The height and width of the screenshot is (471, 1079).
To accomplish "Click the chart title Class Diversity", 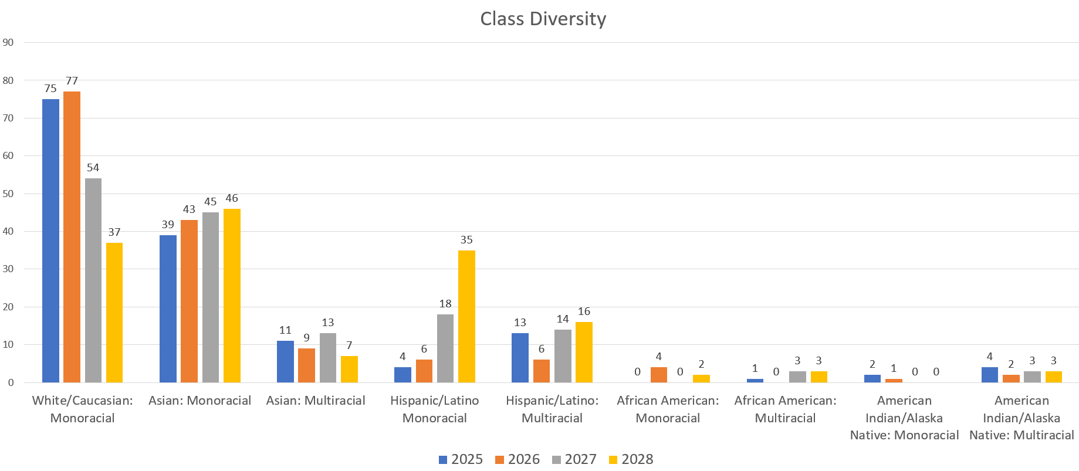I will pyautogui.click(x=543, y=19).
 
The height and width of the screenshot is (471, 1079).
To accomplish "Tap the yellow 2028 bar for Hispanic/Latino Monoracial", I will pyautogui.click(x=466, y=316).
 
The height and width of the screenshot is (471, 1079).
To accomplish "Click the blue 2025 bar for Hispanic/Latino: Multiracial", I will pyautogui.click(x=520, y=358).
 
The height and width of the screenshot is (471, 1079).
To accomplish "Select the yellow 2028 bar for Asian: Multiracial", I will pyautogui.click(x=349, y=369).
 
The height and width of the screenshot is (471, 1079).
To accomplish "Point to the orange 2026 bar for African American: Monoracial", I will pyautogui.click(x=658, y=375).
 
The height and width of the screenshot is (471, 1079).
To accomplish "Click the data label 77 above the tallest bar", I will pyautogui.click(x=72, y=81).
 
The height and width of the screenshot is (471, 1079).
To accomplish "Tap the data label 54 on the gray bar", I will pyautogui.click(x=93, y=168).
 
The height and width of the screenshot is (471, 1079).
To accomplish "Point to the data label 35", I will pyautogui.click(x=466, y=240).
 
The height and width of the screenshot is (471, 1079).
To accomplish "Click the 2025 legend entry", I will pyautogui.click(x=461, y=459).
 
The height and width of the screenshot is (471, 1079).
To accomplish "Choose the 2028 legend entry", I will pyautogui.click(x=631, y=459).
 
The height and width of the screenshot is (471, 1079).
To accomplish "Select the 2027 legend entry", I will pyautogui.click(x=574, y=459).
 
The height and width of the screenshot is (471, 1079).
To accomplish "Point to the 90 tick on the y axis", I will pyautogui.click(x=8, y=42).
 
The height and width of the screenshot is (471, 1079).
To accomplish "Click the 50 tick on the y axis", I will pyautogui.click(x=8, y=194).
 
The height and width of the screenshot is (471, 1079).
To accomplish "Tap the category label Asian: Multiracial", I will pyautogui.click(x=316, y=401).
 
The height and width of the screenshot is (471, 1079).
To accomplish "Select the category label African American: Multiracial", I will pyautogui.click(x=785, y=409).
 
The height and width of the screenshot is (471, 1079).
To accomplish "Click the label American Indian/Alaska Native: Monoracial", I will pyautogui.click(x=904, y=418).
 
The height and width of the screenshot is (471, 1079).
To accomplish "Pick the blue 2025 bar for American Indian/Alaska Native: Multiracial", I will pyautogui.click(x=989, y=375).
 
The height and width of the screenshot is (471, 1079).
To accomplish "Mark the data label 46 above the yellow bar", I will pyautogui.click(x=232, y=198).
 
